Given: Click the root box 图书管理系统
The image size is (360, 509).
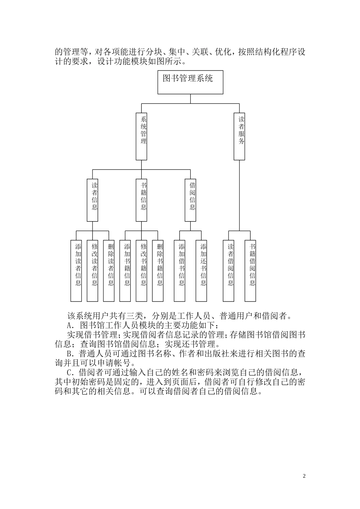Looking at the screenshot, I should click(190, 82).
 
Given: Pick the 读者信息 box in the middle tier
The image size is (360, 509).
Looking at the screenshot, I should click(92, 200).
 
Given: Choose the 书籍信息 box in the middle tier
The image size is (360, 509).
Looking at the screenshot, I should click(142, 200).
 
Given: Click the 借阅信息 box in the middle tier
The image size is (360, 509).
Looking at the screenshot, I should click(191, 200).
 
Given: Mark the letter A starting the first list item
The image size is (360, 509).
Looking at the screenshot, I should click(69, 325).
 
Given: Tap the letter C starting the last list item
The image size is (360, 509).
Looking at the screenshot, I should click(69, 372).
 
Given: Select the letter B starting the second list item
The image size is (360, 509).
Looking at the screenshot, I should click(69, 354).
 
